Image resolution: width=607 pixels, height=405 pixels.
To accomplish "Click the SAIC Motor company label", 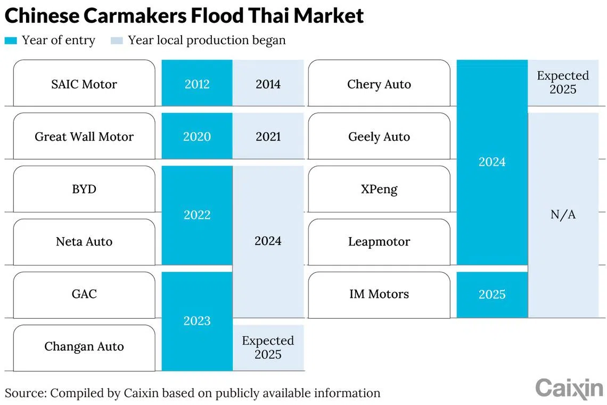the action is point(84,84).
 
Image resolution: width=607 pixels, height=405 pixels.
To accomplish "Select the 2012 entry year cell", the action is point(197,83).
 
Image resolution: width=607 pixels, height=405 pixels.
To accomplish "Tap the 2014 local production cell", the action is point(268,83).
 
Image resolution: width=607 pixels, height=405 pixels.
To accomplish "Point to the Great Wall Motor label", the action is point(84,136).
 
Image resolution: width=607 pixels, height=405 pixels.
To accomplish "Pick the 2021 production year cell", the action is point(268,136).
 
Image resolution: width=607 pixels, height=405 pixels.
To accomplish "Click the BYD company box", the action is point(84,189).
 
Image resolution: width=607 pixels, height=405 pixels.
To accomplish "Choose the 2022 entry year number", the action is point(197,215).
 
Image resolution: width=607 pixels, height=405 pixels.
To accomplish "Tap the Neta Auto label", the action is point(84,241).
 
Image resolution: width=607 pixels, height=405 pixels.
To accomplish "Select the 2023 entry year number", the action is point(197,320).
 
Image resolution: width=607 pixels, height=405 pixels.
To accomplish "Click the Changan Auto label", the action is point(84,346).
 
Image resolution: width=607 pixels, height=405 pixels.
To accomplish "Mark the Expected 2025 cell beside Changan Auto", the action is point(268,347).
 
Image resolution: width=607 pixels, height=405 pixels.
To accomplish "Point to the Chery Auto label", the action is point(379,85).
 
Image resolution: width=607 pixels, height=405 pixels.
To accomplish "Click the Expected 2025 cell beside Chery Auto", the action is point(563,83).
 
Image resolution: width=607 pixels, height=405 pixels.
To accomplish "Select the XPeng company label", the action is point(379,190).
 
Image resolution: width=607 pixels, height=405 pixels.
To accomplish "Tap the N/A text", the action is point(563,214).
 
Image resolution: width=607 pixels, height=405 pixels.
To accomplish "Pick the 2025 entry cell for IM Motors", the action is point(492,295).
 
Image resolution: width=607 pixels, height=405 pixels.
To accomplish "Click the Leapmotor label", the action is point(379,242).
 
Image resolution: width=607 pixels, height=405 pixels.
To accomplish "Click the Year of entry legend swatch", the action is point(11,40).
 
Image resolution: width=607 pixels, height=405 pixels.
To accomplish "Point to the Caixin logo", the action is point(569,388).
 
